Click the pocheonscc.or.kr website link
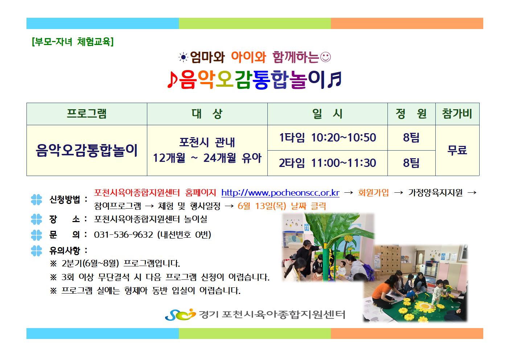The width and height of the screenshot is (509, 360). (280, 193)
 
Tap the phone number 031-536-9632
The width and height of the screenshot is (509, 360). (123, 234)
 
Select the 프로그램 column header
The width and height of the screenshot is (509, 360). (87, 114)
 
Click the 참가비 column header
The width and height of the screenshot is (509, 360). (457, 114)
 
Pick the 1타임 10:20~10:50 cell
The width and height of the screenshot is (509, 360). (328, 138)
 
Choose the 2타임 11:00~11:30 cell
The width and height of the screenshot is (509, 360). (328, 163)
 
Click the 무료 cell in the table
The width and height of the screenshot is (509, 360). (457, 150)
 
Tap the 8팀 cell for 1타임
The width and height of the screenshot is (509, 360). (411, 138)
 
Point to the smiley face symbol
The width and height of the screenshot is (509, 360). (325, 57)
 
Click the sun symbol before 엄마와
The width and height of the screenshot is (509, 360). (183, 57)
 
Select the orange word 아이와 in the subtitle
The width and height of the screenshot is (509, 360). (249, 57)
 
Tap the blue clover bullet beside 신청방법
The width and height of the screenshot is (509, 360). (36, 200)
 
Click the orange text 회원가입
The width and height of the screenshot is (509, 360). (373, 193)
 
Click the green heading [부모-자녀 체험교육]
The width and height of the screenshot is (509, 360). (73, 42)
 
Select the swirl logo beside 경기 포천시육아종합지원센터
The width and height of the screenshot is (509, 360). (180, 314)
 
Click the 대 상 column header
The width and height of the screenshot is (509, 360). (207, 114)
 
